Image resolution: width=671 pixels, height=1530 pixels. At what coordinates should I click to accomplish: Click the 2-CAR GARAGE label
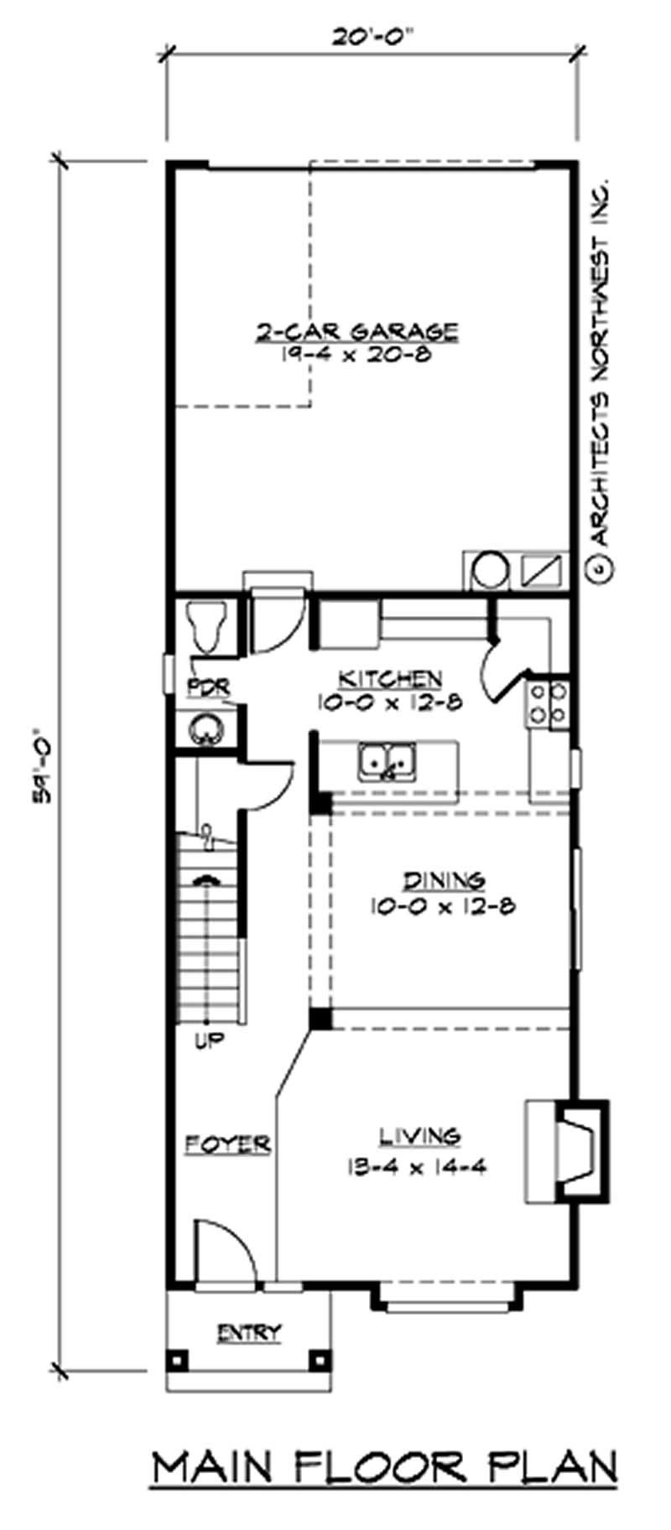point(357,330)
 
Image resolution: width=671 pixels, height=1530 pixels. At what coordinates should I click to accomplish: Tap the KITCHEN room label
point(389,677)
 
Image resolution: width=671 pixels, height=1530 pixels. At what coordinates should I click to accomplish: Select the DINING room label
point(444,880)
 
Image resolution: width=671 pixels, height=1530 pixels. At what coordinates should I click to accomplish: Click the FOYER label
point(227,1144)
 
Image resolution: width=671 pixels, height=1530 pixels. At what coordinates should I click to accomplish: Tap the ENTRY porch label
point(249,1332)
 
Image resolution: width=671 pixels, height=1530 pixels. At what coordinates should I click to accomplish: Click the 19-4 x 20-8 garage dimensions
point(357,355)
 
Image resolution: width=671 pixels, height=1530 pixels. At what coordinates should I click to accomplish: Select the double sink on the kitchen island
point(388,761)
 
